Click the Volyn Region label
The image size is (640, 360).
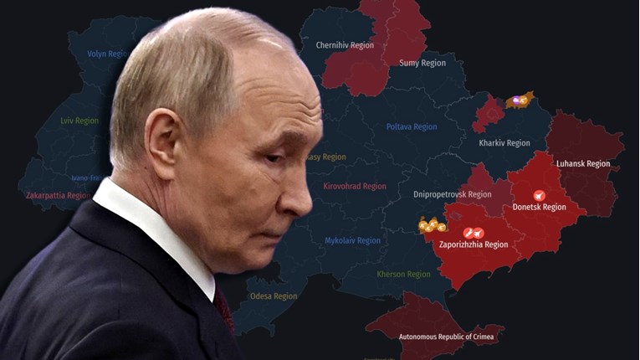[108, 54]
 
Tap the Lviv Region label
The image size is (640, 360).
[79, 121]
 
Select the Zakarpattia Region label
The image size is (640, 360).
[58, 195]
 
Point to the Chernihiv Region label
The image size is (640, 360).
[344, 45]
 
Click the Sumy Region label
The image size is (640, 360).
[422, 63]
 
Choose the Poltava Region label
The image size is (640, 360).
[412, 127]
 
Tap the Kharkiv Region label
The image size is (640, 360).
[504, 143]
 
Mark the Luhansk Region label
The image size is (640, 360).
[583, 163]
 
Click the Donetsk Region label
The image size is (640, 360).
[540, 207]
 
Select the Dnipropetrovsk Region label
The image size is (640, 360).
[453, 194]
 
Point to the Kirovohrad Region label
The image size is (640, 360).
[355, 186]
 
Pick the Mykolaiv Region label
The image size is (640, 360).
[352, 240]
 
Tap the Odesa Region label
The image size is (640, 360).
[273, 296]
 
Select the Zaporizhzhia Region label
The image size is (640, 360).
[473, 244]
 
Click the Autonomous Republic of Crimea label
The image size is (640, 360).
[446, 337]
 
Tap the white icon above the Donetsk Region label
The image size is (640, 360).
[539, 195]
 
